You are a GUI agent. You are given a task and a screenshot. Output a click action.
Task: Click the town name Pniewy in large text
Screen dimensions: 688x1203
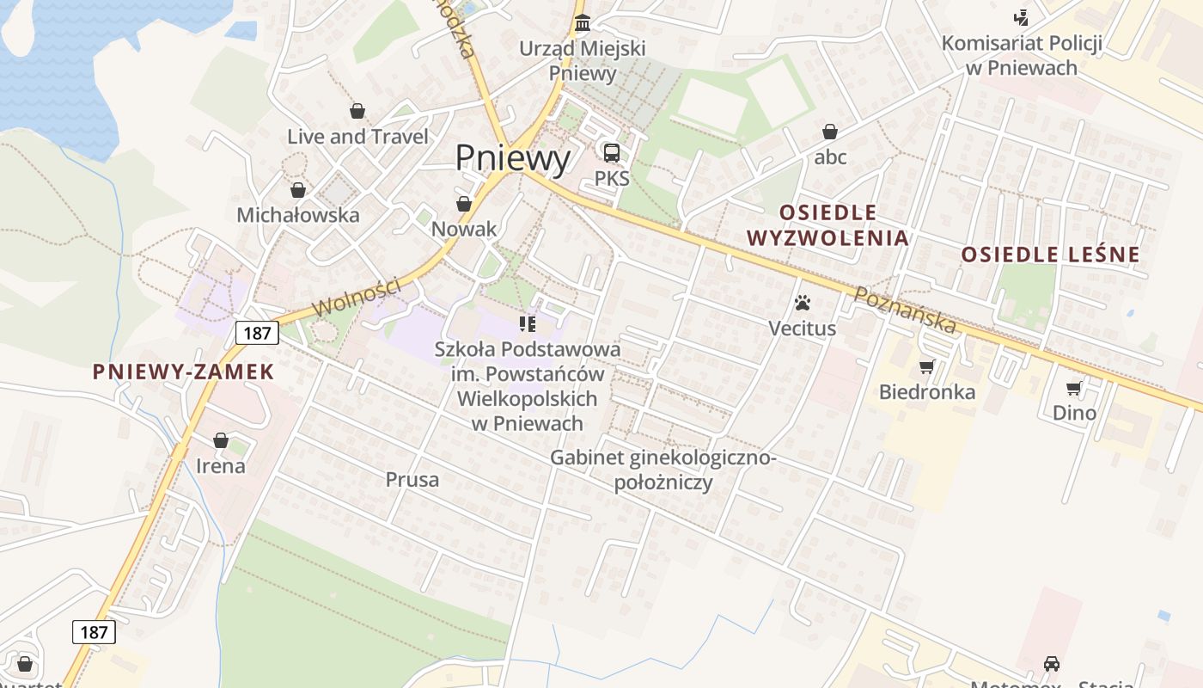[512, 158]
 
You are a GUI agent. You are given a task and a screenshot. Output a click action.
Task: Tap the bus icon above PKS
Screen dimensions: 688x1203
[612, 153]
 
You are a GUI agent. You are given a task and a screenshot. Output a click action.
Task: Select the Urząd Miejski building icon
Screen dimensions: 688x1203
[583, 21]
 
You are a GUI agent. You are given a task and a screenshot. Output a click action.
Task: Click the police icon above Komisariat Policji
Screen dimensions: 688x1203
[1021, 16]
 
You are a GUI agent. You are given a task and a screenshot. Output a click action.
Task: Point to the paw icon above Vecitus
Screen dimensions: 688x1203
[803, 303]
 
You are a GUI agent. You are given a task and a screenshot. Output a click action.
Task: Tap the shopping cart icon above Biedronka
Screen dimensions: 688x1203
[926, 367]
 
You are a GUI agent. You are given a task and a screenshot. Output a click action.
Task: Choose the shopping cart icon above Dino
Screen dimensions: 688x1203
[1074, 388]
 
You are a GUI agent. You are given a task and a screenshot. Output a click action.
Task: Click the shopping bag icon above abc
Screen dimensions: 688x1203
[830, 132]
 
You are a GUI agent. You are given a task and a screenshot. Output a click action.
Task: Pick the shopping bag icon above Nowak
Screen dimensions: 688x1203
[464, 204]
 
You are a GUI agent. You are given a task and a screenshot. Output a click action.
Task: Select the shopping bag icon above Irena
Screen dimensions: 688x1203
[221, 440]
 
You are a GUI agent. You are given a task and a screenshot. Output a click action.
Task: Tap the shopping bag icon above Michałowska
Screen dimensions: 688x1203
[298, 190]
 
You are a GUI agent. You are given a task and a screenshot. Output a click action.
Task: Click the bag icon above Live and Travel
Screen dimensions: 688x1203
[357, 111]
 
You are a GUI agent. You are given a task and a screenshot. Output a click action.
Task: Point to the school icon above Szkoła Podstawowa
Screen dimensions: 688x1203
[528, 324]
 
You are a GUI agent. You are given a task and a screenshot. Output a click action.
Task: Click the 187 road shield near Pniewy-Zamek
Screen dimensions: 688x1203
[258, 333]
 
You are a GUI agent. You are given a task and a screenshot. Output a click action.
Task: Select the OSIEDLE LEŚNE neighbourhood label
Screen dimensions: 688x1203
[1050, 255]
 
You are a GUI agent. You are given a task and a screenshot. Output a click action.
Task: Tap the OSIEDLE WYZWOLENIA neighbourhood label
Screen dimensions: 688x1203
[827, 225]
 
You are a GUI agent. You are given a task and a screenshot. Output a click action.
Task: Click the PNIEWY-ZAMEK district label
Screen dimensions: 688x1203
[183, 372]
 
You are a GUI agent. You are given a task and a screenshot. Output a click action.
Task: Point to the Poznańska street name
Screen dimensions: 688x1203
[905, 310]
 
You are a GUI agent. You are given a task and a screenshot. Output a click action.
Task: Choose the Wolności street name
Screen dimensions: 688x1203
[357, 296]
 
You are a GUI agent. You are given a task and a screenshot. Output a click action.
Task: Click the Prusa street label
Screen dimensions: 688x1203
[412, 480]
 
